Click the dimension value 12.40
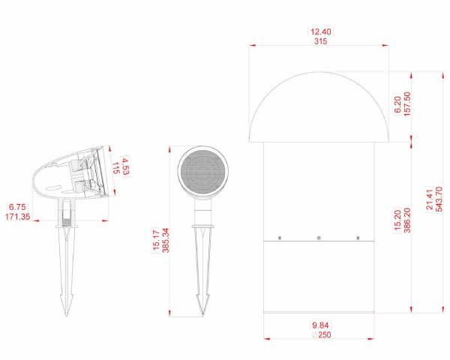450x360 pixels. coord(320,31)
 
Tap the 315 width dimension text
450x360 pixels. coord(320,41)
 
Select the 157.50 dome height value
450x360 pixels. coord(407,104)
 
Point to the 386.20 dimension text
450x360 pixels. coord(407,220)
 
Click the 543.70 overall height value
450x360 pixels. coord(439,199)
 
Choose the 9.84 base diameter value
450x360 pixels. coord(320,325)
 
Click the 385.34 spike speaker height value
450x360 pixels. coord(166,240)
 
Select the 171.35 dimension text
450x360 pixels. coord(18,217)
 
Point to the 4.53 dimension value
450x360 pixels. coord(126,166)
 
